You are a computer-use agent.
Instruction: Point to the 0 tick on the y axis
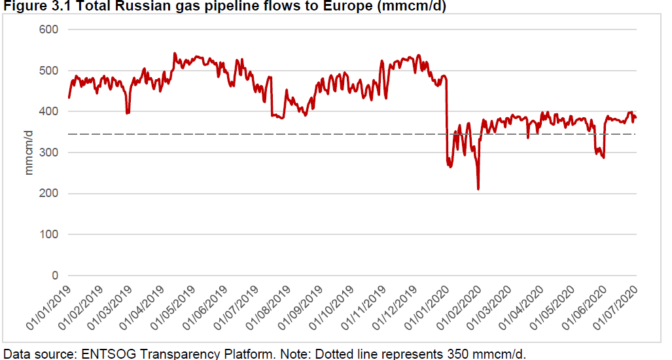click(x=56, y=276)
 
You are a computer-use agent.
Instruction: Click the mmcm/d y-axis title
click(x=29, y=153)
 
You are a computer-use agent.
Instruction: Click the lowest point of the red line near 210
click(x=478, y=189)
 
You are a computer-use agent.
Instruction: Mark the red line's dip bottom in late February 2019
click(x=128, y=113)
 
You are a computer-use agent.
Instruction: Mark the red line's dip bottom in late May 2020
click(x=603, y=158)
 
